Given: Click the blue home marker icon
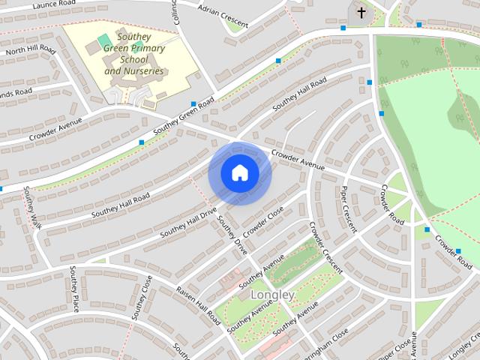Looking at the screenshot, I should click(x=239, y=173).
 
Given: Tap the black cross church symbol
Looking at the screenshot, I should click(x=361, y=13).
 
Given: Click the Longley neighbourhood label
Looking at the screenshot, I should click(x=272, y=295).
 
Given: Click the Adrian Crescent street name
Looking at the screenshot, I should click(x=223, y=15).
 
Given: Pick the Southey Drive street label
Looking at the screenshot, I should click(x=232, y=234).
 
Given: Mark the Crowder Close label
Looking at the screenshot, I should click(x=265, y=220).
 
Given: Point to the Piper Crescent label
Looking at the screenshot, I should click(x=348, y=209).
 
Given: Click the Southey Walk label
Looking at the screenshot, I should click(x=31, y=208).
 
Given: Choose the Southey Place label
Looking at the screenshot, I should click(x=74, y=288).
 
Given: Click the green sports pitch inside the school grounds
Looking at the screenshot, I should click(x=103, y=38).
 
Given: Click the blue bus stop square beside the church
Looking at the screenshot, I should click(x=343, y=28).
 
